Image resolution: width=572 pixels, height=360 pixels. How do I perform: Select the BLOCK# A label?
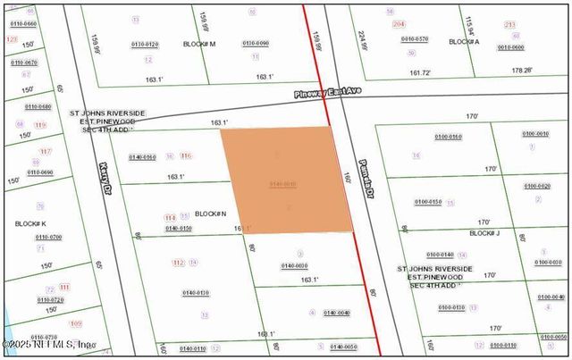[x=464, y=42]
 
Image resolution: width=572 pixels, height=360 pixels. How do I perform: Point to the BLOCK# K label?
[x=31, y=223]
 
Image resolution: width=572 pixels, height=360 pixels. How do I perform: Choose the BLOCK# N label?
[x=211, y=214]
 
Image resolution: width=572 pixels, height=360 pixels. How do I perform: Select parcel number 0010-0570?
[x=414, y=39]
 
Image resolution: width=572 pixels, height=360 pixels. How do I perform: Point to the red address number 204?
[x=399, y=24]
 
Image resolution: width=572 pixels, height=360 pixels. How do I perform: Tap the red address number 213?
[x=510, y=24]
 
